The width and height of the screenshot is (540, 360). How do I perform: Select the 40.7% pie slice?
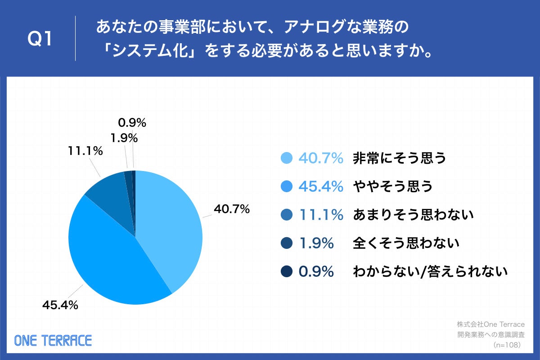pyautogui.click(x=169, y=225)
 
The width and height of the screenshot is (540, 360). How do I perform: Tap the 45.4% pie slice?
pyautogui.click(x=108, y=256)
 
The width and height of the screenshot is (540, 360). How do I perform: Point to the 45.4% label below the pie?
pyautogui.click(x=60, y=305)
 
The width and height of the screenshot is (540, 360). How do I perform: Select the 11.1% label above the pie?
pyautogui.click(x=85, y=151)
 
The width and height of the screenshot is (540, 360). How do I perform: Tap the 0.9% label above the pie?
pyautogui.click(x=132, y=123)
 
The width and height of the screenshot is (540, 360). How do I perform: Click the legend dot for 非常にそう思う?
pyautogui.click(x=286, y=158)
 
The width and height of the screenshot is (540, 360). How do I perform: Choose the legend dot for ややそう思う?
pyautogui.click(x=286, y=186)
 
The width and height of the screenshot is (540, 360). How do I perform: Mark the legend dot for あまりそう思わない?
pyautogui.click(x=286, y=215)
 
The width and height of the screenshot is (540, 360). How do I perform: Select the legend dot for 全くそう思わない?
pyautogui.click(x=286, y=243)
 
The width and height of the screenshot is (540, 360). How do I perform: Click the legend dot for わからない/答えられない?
pyautogui.click(x=286, y=272)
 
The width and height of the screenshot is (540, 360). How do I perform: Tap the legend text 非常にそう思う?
pyautogui.click(x=399, y=158)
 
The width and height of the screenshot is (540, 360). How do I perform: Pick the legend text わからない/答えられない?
pyautogui.click(x=430, y=272)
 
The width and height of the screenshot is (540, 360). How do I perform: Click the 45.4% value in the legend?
pyautogui.click(x=321, y=186)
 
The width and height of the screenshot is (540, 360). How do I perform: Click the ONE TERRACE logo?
pyautogui.click(x=53, y=340)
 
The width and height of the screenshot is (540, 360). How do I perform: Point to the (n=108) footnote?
pyautogui.click(x=507, y=345)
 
